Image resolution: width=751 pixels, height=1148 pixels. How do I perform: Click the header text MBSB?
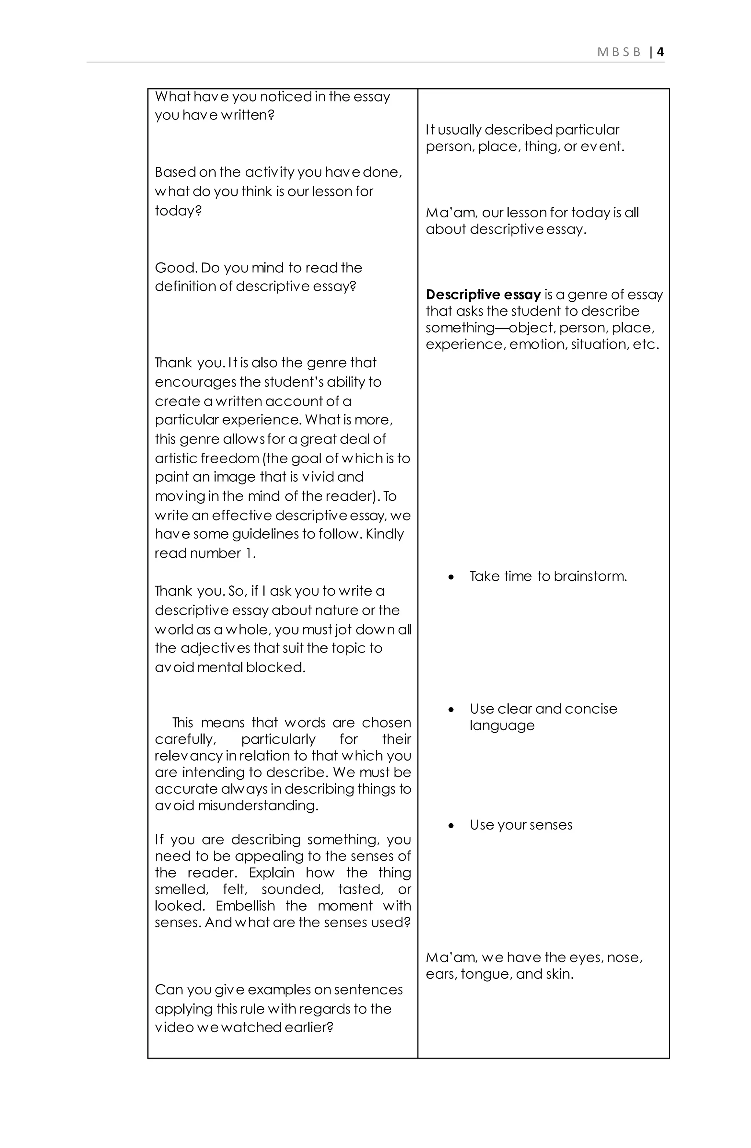pos(618,52)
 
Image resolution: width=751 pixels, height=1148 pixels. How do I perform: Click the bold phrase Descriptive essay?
pos(483,294)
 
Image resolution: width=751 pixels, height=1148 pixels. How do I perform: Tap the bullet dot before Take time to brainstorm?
pos(451,577)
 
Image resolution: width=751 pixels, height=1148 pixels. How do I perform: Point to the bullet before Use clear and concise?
pos(451,710)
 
